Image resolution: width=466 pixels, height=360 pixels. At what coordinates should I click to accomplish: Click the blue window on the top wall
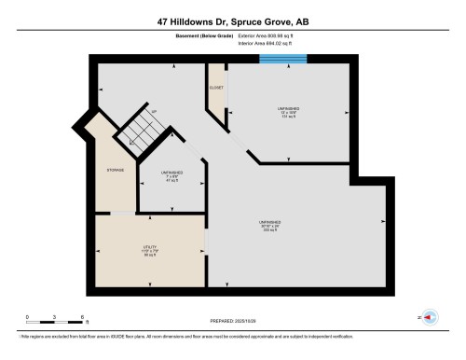pos(282,59)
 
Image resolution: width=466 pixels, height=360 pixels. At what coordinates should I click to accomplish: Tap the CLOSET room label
pos(214,85)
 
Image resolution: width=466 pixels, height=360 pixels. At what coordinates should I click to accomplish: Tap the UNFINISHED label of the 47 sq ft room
pos(171,173)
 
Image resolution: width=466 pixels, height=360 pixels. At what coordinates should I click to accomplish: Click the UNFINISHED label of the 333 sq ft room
pos(271,221)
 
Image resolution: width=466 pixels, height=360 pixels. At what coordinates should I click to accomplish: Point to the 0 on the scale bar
pos(27,316)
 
